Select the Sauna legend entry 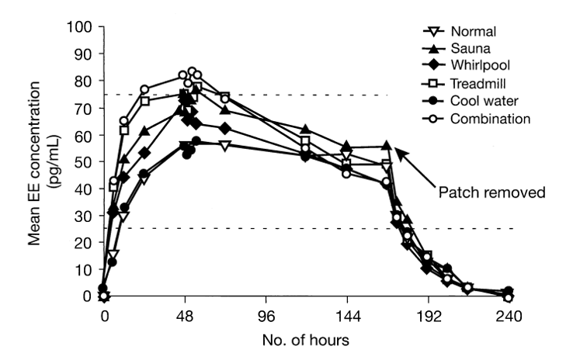471,50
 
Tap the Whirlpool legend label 478,67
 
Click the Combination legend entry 483,119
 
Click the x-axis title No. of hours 307,339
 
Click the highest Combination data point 192,71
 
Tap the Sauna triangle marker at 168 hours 387,146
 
